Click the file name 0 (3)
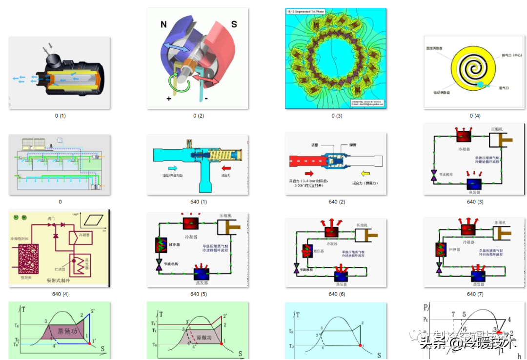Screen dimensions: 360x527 [337, 116]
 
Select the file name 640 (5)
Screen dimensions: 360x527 [199, 294]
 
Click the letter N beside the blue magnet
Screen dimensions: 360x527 [163, 24]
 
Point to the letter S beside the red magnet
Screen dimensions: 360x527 [234, 24]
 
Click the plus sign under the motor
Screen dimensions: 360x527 [169, 99]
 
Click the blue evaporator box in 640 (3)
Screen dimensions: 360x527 [474, 184]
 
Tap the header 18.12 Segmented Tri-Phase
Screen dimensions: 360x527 [306, 11]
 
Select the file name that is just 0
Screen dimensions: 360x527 [60, 202]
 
